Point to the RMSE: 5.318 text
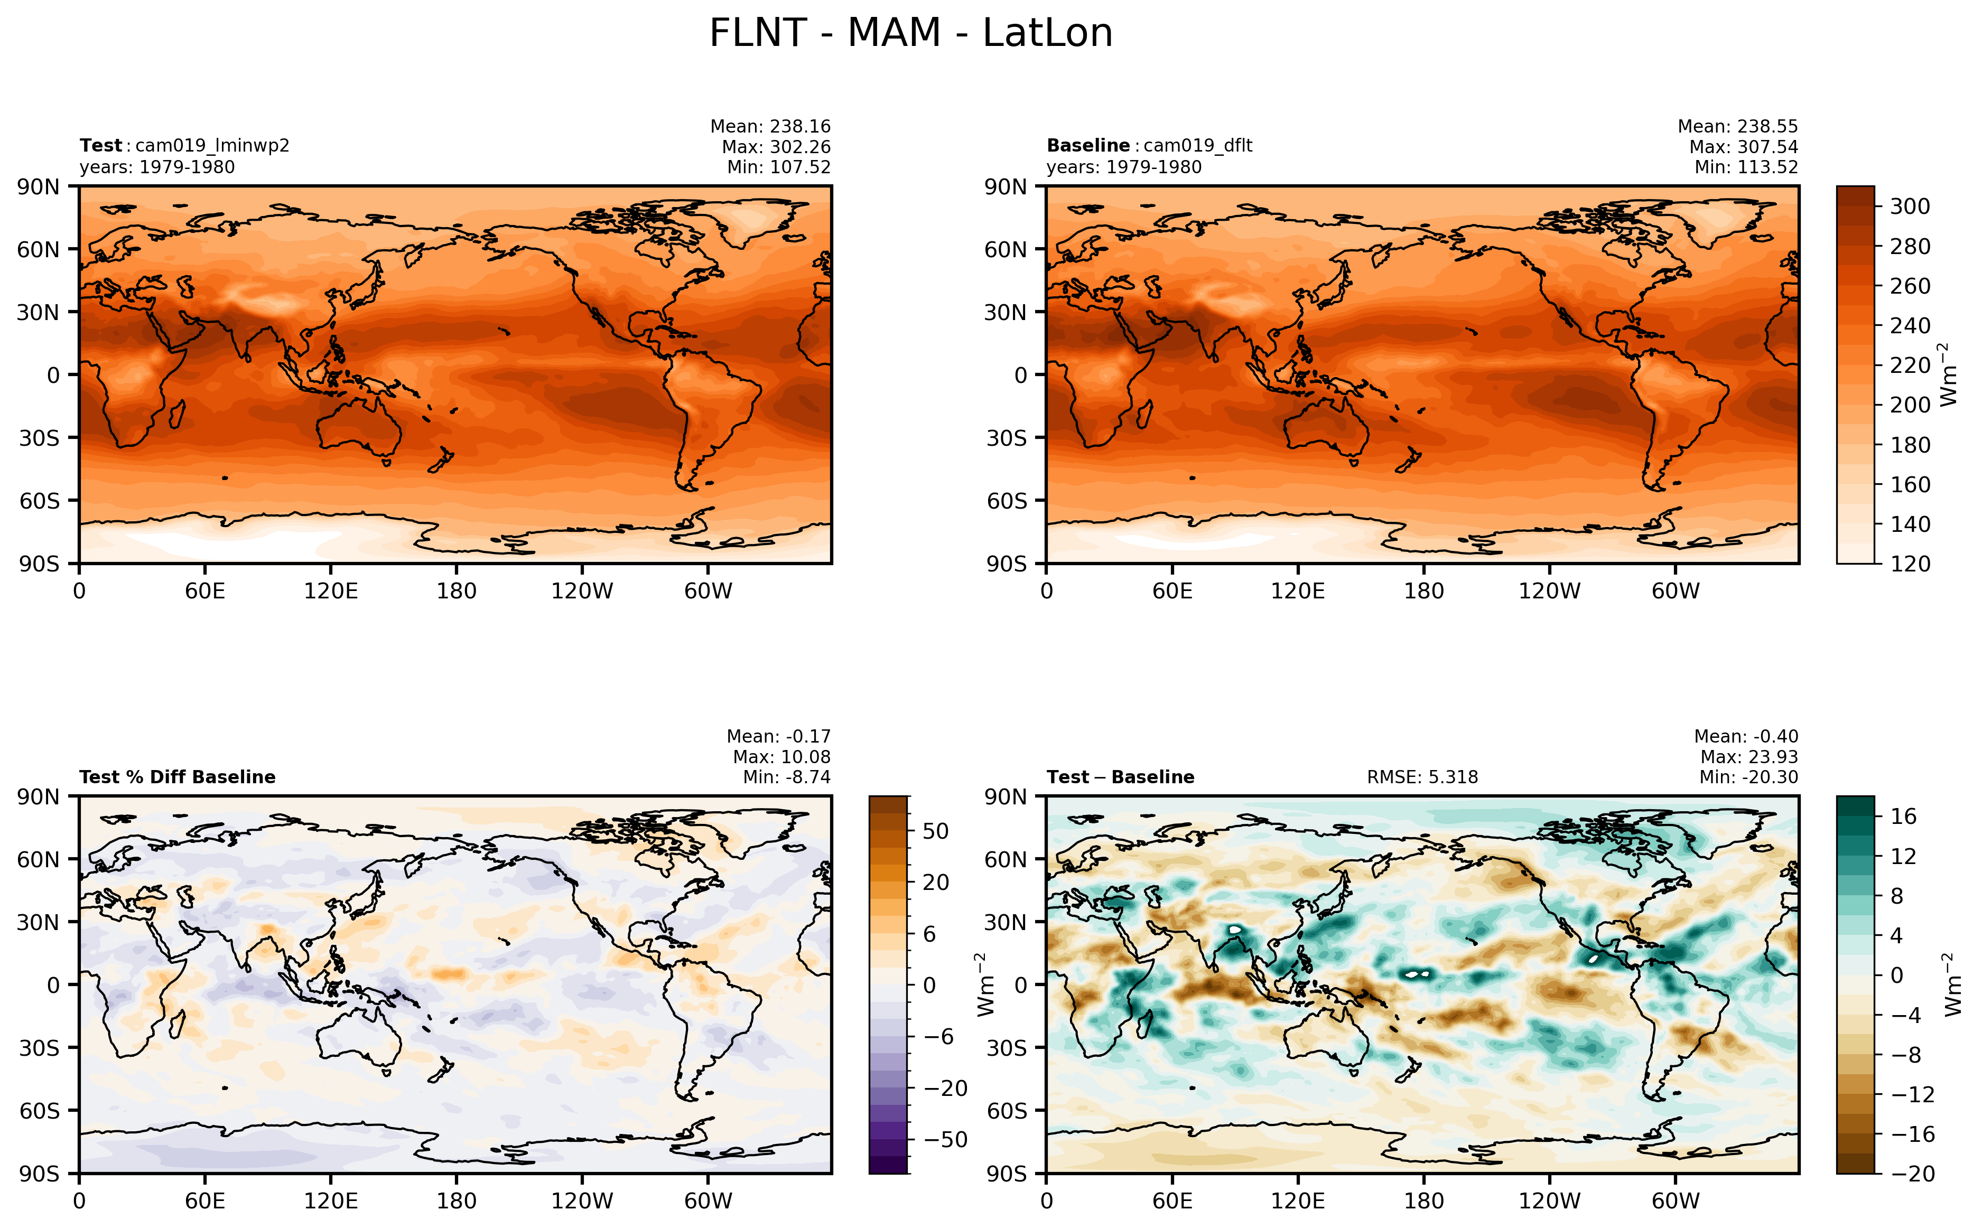(x=1422, y=777)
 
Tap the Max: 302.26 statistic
(x=776, y=147)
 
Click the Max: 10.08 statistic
(x=781, y=757)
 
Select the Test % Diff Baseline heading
(x=177, y=777)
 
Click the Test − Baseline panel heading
(x=1120, y=777)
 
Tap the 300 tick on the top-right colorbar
(x=1910, y=207)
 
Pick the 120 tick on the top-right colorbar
(x=1910, y=564)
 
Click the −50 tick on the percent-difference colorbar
(x=945, y=1140)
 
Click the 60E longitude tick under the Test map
(x=205, y=591)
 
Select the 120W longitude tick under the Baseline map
(x=1549, y=591)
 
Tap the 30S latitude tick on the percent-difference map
(x=40, y=1048)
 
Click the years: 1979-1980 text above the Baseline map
(x=1123, y=167)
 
